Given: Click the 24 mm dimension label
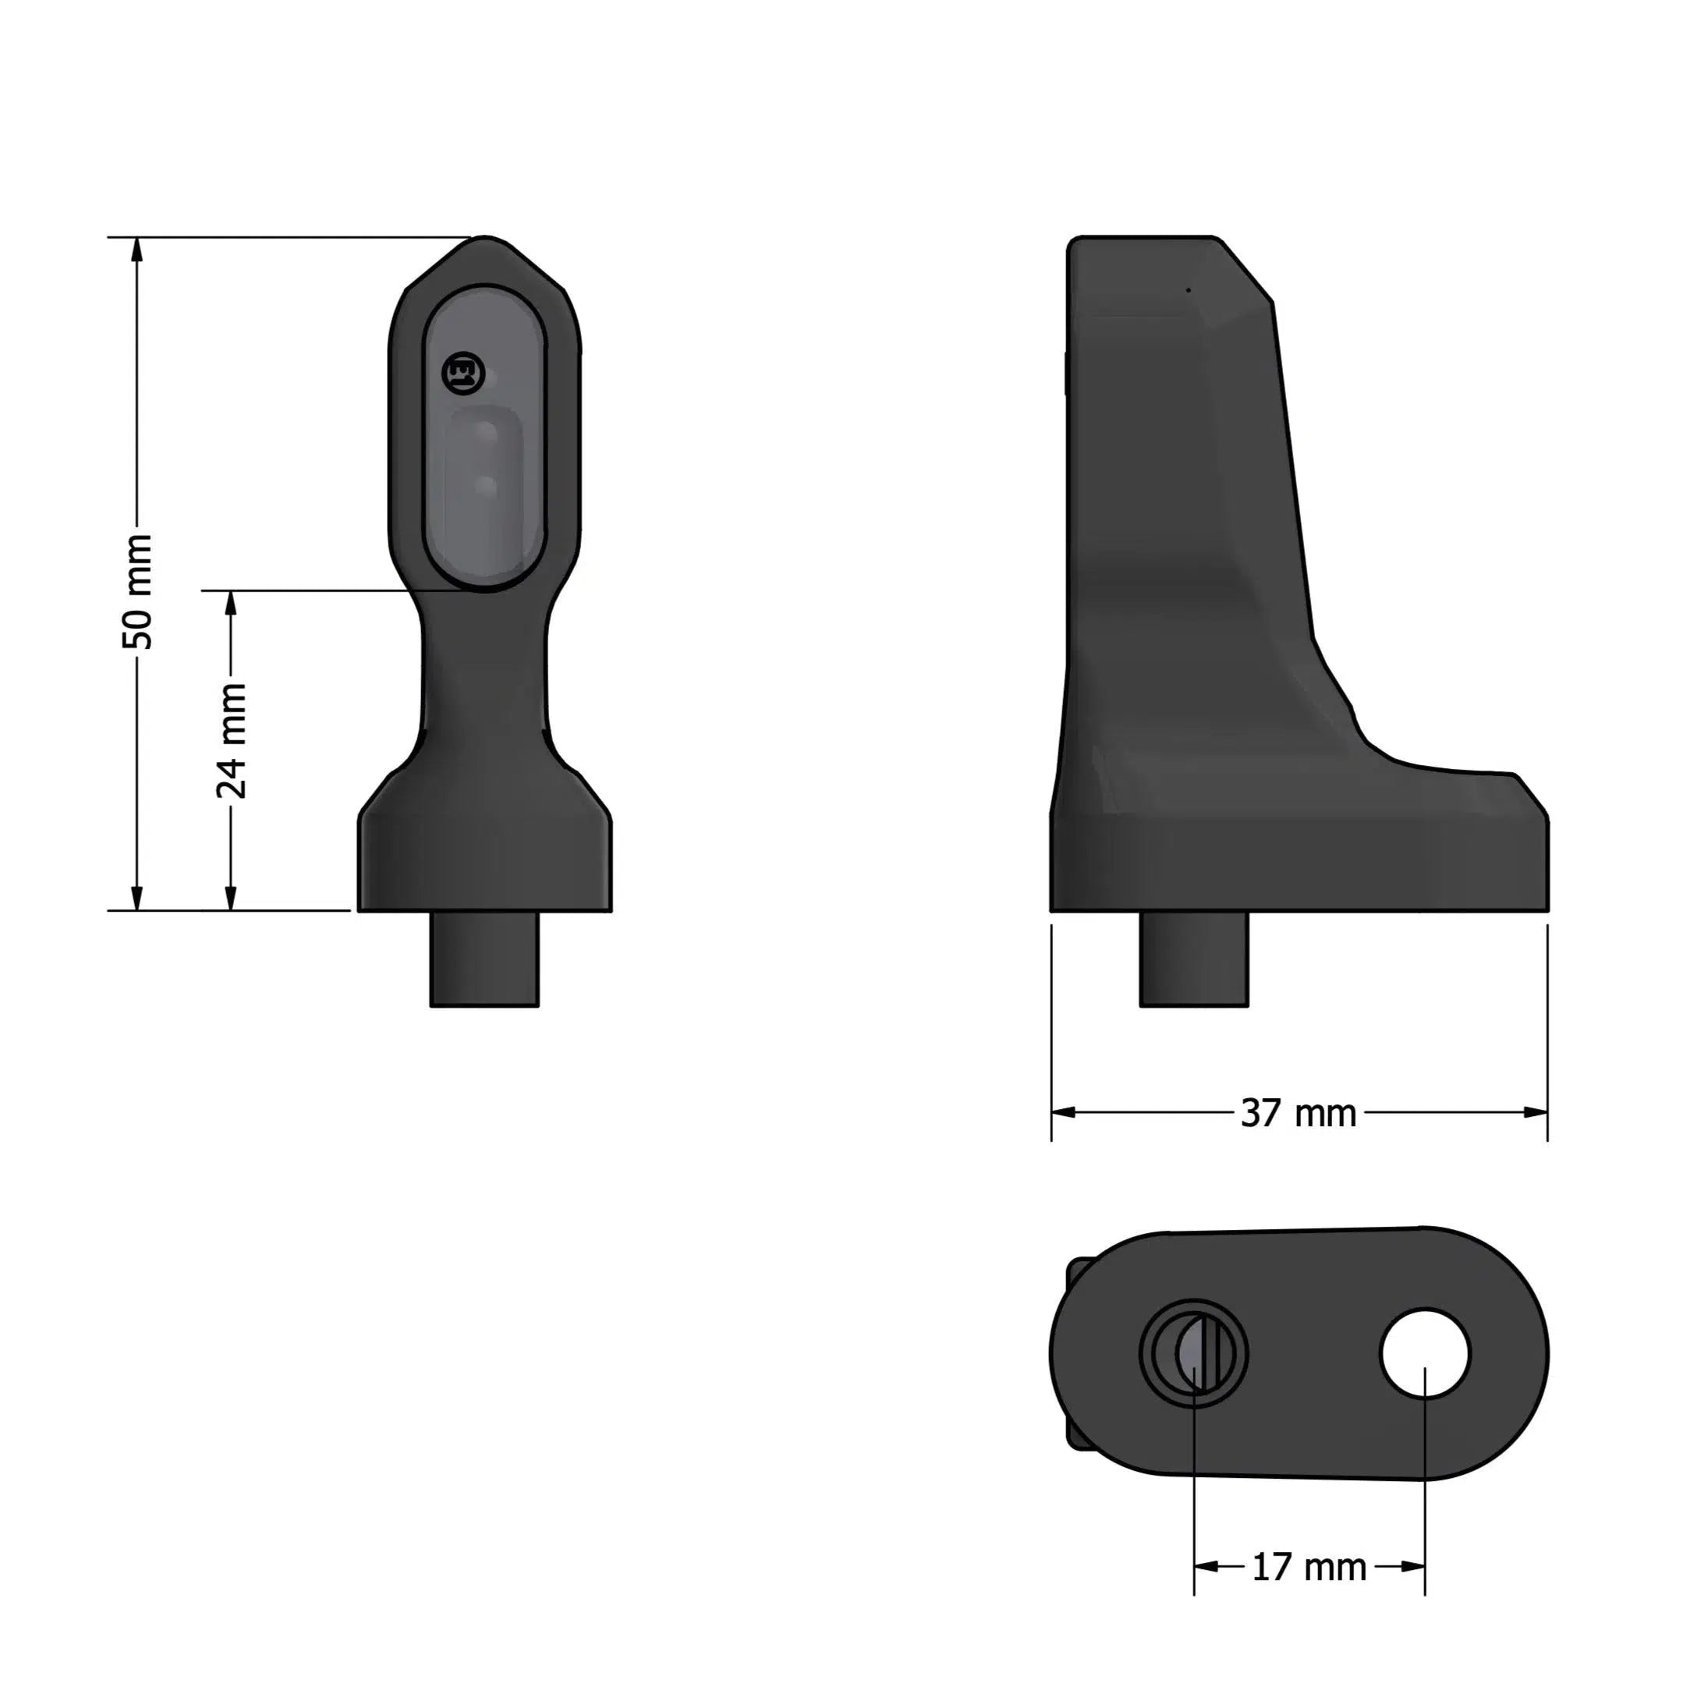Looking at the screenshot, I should pos(232,741).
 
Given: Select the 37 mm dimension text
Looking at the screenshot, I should pos(1299,1114).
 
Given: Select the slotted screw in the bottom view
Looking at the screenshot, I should pos(1194,1354).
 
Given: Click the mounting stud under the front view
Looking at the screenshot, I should pos(484,959).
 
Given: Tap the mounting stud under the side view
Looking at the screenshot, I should pos(1193,959).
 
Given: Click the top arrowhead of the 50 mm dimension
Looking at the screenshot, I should pos(136,250).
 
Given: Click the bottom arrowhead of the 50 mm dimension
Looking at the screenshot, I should pos(136,898).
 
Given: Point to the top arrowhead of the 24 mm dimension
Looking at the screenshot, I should pos(232,603).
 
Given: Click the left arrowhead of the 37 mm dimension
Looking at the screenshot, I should pos(1064,1113).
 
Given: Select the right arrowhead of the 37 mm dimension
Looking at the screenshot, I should pos(1536,1113).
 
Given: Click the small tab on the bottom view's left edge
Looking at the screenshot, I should pos(1073,1355).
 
